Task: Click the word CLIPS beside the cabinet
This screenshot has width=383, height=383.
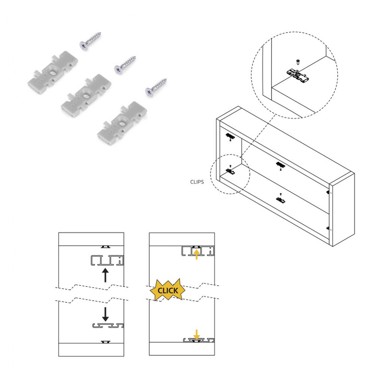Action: (197, 182)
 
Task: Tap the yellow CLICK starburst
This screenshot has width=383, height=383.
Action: (168, 290)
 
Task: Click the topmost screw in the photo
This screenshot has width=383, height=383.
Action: (90, 41)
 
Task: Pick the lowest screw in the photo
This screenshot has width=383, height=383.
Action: (156, 87)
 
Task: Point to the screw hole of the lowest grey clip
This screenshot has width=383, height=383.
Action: (122, 120)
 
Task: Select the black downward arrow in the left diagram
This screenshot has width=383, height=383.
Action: (105, 314)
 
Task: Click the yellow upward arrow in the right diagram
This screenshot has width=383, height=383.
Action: (196, 254)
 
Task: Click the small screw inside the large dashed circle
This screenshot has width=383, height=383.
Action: (298, 61)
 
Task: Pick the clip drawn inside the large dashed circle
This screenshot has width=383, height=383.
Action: (298, 75)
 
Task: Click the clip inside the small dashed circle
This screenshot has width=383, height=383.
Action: (230, 171)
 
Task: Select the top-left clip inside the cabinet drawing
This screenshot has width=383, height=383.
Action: (230, 136)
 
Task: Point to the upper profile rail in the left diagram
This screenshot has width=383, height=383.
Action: (107, 260)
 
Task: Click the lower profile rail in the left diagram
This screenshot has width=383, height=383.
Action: (108, 325)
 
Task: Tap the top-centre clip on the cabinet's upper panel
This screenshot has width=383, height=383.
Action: (281, 165)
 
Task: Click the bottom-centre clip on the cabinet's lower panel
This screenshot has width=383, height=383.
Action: (281, 200)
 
